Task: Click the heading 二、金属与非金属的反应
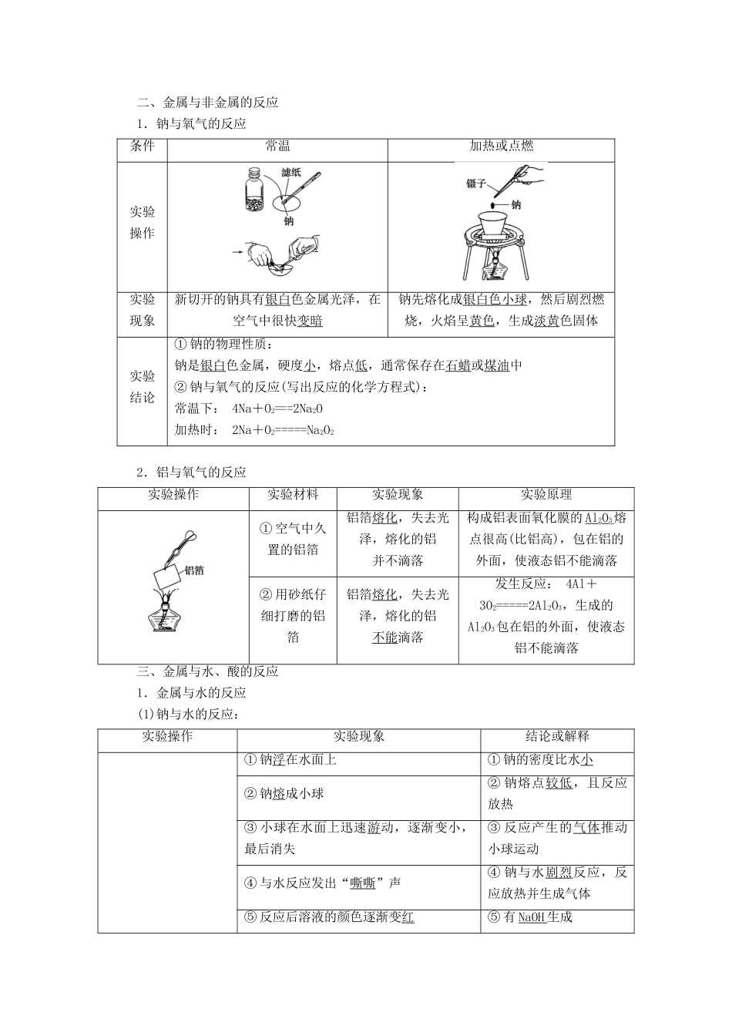(x=207, y=103)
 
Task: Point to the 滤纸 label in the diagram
(x=290, y=173)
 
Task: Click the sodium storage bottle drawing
(x=254, y=190)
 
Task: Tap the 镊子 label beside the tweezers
(x=476, y=183)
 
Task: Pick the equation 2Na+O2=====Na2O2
(x=283, y=431)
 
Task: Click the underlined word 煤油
(x=497, y=366)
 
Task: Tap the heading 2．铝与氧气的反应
(x=191, y=473)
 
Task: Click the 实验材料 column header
(x=293, y=494)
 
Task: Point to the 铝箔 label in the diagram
(x=194, y=570)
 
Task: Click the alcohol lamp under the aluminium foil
(x=164, y=614)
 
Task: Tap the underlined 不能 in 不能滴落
(x=384, y=637)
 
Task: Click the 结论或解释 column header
(x=557, y=736)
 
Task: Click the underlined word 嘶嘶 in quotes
(x=362, y=883)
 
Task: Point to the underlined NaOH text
(x=532, y=917)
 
